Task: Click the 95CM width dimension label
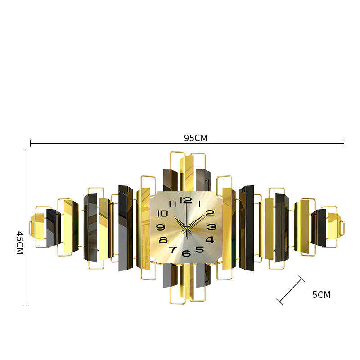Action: [x=196, y=138]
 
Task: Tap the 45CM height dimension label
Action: [x=20, y=243]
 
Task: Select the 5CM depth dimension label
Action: [x=321, y=295]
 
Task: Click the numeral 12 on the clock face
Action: [x=186, y=200]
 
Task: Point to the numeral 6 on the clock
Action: [x=186, y=253]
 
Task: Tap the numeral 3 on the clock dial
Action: [x=211, y=227]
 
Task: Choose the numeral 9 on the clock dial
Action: [x=161, y=227]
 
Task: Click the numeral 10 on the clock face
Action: [x=162, y=213]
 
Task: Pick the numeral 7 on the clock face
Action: [x=173, y=250]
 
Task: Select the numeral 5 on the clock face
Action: [x=199, y=249]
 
